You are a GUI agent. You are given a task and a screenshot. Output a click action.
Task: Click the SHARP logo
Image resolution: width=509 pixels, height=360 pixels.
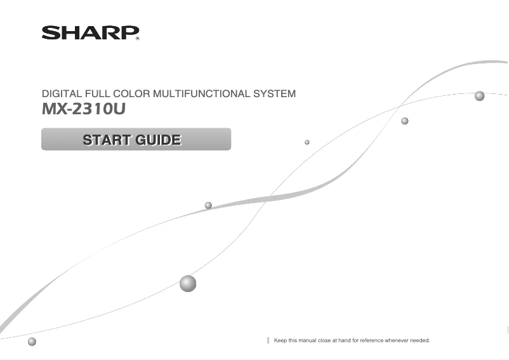click(89, 32)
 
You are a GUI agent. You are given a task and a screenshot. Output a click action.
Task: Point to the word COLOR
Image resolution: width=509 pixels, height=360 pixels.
click(135, 94)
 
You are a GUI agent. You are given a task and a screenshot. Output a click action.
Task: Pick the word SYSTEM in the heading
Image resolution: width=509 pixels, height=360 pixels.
click(274, 94)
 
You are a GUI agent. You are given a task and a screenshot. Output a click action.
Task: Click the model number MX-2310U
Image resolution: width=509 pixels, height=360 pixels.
click(83, 109)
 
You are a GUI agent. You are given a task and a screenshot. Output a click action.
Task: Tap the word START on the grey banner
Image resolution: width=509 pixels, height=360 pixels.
click(105, 139)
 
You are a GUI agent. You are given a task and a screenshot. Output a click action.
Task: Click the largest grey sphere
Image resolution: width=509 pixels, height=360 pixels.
click(188, 283)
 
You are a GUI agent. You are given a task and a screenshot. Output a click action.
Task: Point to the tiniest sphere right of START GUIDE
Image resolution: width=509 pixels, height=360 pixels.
click(307, 142)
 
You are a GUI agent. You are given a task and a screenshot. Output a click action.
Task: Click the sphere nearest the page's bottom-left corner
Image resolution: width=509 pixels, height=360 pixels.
click(32, 342)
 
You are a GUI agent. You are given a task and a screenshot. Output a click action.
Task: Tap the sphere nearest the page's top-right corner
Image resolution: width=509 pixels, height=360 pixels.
click(479, 96)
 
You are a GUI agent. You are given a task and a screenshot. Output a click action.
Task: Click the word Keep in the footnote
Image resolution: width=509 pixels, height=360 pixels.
click(280, 341)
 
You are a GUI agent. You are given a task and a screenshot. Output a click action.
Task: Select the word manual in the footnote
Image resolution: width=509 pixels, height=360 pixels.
click(310, 341)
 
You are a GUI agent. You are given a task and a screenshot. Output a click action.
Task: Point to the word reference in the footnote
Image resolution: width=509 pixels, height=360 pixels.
click(371, 341)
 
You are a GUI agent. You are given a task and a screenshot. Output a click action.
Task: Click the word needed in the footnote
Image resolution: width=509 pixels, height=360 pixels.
click(420, 341)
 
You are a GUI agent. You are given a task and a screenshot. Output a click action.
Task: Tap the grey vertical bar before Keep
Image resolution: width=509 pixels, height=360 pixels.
click(268, 341)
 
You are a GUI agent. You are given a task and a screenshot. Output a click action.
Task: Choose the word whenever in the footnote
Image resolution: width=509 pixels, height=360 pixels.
click(398, 341)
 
